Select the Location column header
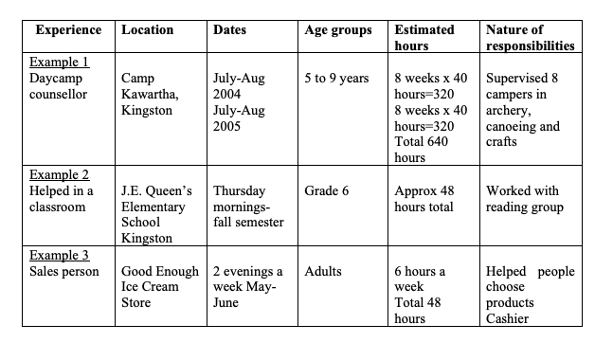(148, 30)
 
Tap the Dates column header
(229, 30)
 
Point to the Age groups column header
(338, 30)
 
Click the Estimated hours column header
(424, 38)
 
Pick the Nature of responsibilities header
(529, 38)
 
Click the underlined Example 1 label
(59, 62)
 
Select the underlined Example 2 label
(59, 175)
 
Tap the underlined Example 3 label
(59, 255)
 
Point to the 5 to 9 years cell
(337, 78)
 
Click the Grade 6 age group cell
(327, 191)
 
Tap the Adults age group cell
(324, 271)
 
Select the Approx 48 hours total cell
(424, 199)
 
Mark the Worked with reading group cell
(525, 199)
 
